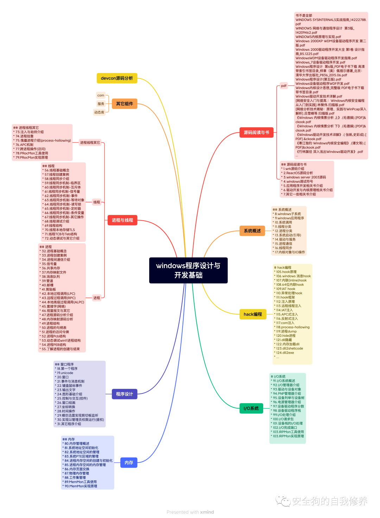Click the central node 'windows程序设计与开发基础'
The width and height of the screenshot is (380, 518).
pos(188,270)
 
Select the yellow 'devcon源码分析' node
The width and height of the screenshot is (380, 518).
pos(117,78)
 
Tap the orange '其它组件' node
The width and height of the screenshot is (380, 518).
pos(125,104)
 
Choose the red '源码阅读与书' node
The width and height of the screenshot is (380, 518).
pos(256,132)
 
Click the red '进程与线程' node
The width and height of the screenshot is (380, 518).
pos(122,220)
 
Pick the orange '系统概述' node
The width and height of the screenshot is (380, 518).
pos(252,231)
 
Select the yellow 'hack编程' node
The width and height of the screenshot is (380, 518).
pos(253,314)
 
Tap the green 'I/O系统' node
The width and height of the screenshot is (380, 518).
pos(251,408)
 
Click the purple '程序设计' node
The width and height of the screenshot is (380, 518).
pos(125,394)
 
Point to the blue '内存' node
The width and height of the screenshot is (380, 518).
pos(129,462)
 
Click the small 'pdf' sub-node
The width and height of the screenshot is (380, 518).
pos(284,86)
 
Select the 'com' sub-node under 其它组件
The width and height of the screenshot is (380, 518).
pos(101,95)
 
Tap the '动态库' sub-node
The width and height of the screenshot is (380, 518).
pos(99,112)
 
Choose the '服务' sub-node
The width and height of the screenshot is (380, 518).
pos(101,104)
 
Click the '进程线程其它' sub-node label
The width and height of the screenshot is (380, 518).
pos(90,143)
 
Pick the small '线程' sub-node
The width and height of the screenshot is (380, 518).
pos(97,202)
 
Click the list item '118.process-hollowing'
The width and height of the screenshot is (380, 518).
pos(293,327)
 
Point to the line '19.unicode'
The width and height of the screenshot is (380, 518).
pos(65,373)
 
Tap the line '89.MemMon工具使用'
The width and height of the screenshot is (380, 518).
pos(81,482)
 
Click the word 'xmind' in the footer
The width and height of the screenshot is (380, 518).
pos(207,512)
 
